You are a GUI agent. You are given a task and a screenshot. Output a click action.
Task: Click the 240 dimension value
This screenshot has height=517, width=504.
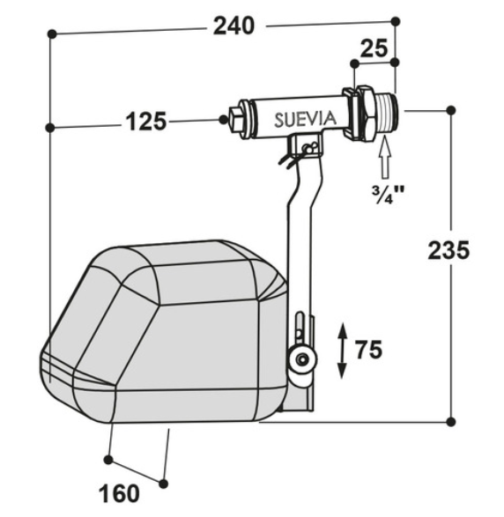pos(233,26)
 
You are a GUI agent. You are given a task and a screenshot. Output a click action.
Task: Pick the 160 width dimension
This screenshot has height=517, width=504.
pos(121,493)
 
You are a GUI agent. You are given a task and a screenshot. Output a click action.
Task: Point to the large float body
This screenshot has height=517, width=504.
pos(167,335)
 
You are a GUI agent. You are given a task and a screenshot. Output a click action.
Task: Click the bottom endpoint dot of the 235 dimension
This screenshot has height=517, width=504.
pos(452,421)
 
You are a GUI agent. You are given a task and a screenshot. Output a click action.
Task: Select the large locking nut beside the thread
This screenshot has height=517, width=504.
pos(360,112)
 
